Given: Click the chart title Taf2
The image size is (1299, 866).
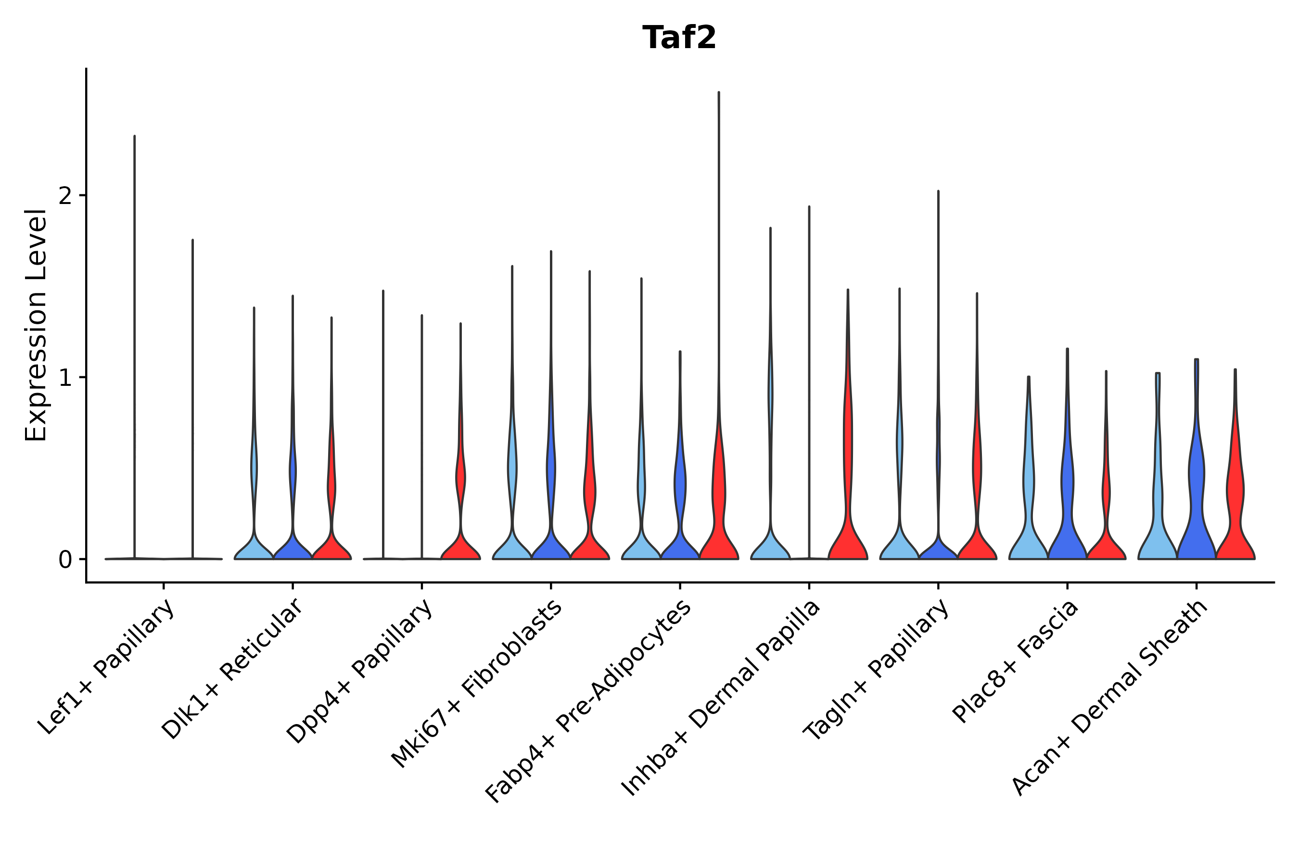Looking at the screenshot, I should pyautogui.click(x=679, y=38).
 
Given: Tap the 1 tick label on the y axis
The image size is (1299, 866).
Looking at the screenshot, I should pyautogui.click(x=65, y=378).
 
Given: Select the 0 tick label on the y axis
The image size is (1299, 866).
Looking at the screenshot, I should pyautogui.click(x=65, y=560).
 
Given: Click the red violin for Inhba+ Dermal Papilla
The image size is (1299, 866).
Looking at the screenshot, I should pyautogui.click(x=848, y=530).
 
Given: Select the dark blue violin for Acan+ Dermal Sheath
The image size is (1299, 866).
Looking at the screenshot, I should pyautogui.click(x=1196, y=519).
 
